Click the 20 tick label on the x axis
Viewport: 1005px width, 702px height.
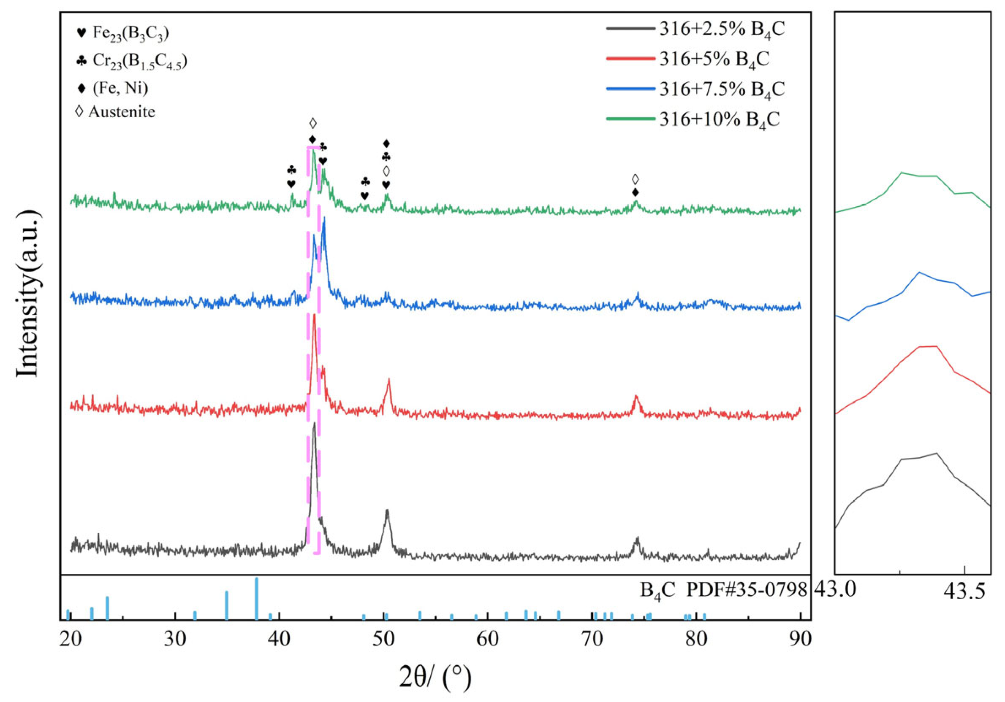coord(71,640)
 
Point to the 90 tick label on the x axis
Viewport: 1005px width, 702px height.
coord(800,640)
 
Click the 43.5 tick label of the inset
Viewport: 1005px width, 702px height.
coord(964,592)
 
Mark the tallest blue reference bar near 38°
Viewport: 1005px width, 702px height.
coord(256,597)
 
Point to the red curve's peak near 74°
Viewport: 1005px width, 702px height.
coord(636,397)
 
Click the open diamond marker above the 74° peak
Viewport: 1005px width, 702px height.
coord(636,179)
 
